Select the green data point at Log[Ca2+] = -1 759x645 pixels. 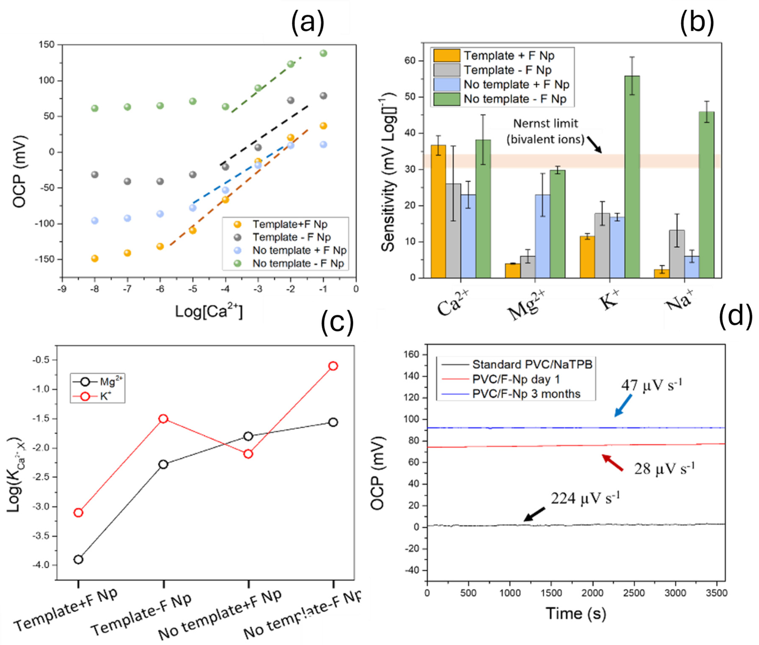point(323,53)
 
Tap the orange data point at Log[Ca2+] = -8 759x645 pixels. point(95,259)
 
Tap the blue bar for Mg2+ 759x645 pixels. point(542,236)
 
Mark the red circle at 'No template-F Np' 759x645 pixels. point(333,366)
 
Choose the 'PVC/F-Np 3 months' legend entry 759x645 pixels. point(526,394)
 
